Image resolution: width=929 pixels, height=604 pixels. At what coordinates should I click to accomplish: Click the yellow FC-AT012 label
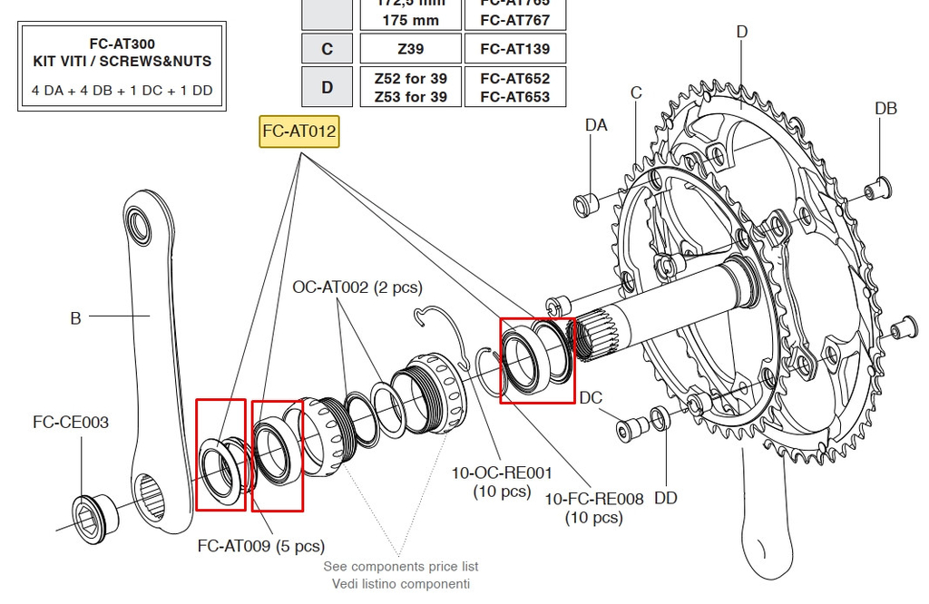[x=298, y=132]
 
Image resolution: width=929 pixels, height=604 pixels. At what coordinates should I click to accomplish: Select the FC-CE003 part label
[x=71, y=423]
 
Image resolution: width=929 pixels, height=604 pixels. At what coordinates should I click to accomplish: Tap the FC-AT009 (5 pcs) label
[x=260, y=547]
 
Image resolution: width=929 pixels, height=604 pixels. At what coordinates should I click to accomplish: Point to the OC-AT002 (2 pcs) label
[x=357, y=287]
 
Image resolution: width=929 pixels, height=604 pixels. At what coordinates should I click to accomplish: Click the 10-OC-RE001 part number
[x=502, y=472]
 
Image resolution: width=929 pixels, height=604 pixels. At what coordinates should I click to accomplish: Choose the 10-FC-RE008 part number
[x=593, y=499]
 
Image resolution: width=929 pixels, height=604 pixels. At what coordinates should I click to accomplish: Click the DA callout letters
[x=596, y=125]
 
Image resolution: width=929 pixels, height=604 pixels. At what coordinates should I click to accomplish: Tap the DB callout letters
[x=885, y=109]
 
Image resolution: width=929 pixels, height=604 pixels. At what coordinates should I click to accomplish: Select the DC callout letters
[x=591, y=398]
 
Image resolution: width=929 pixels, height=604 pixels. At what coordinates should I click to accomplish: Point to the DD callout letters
[x=666, y=498]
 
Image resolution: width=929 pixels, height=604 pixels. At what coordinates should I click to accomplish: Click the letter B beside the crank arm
[x=76, y=318]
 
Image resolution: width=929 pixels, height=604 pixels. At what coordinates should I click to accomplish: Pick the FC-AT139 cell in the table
[x=514, y=49]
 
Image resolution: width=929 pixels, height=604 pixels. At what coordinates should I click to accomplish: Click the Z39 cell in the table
[x=410, y=49]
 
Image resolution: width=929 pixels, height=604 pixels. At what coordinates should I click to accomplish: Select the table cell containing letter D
[x=327, y=87]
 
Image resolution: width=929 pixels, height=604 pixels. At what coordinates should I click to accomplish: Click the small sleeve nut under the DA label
[x=583, y=204]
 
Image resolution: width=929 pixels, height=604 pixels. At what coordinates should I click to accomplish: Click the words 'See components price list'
[x=401, y=567]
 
